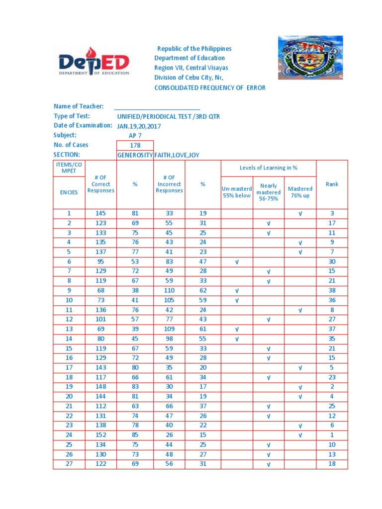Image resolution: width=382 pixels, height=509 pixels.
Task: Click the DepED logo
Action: tap(94, 62)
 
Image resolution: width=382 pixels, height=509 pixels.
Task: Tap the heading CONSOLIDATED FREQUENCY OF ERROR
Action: tap(210, 87)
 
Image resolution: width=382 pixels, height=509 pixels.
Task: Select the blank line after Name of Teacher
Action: tap(157, 106)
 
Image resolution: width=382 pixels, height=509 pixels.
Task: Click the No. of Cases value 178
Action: tap(135, 145)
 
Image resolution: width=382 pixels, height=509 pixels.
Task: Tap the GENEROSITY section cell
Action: tap(135, 155)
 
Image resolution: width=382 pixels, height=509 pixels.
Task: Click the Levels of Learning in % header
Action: tap(269, 168)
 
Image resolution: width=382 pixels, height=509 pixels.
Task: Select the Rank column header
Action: tap(332, 184)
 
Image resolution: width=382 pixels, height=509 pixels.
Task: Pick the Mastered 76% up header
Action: tap(300, 192)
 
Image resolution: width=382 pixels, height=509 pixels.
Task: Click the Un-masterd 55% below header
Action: tap(237, 192)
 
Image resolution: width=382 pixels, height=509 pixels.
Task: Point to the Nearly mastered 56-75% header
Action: tap(269, 192)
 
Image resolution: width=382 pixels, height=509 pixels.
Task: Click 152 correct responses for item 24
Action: tap(100, 435)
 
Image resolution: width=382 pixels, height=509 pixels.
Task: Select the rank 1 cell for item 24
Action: tap(332, 435)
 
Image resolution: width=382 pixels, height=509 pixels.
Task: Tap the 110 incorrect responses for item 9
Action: tap(169, 290)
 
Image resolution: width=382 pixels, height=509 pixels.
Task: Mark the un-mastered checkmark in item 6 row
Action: tap(237, 261)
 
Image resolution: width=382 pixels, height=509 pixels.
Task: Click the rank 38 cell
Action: tap(332, 290)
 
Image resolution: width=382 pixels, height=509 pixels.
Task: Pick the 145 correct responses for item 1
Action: tap(100, 213)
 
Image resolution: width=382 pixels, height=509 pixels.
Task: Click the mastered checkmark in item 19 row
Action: tap(300, 387)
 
